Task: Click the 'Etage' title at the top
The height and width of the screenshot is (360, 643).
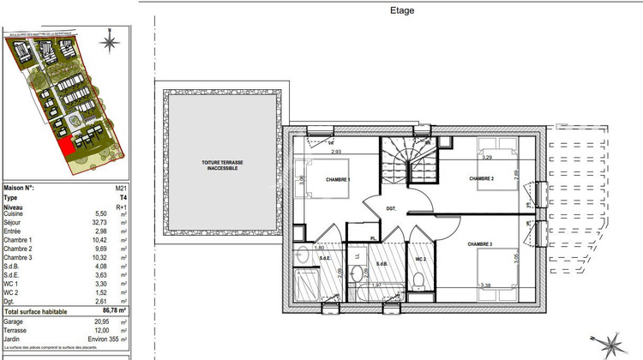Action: coord(401,10)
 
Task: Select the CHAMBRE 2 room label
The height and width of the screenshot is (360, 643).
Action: coord(481,179)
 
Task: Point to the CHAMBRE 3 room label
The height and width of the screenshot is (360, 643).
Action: coord(480,244)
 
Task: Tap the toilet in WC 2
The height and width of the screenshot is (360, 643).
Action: coord(417,279)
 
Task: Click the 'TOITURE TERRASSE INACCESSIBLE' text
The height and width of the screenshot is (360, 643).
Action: coord(220,165)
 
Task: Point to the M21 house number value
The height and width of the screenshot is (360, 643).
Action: coord(120,188)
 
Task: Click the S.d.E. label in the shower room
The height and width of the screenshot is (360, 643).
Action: coord(326,259)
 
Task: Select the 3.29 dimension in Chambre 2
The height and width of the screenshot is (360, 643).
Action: coord(487,157)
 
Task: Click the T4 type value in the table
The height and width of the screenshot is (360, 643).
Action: coord(123,197)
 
